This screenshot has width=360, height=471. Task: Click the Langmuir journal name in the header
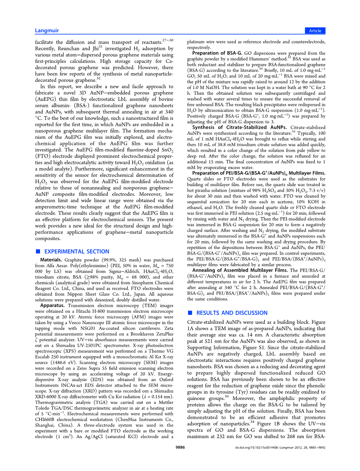(x=47, y=31)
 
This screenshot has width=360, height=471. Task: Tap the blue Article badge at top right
(x=315, y=31)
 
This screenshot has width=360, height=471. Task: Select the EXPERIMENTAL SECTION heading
(x=77, y=252)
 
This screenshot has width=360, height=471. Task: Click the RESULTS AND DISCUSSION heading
(x=232, y=313)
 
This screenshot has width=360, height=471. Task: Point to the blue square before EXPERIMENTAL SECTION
(x=38, y=252)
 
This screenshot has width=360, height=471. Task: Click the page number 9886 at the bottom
(x=180, y=447)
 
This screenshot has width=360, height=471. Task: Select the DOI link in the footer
(x=256, y=448)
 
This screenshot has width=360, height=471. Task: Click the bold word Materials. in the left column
(x=51, y=260)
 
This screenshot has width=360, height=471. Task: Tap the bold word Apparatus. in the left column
(x=52, y=306)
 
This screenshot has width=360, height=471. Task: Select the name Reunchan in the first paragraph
(x=69, y=48)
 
